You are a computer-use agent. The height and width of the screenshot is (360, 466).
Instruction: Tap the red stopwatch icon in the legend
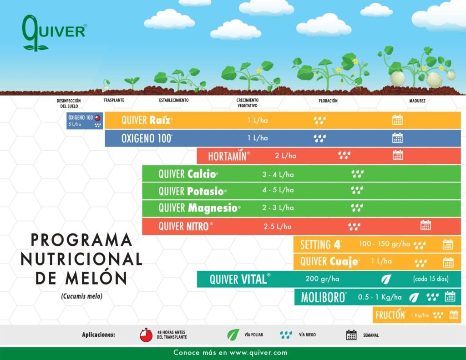[x=146, y=335]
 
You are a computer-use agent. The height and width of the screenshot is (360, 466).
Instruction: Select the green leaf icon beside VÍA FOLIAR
[x=233, y=335]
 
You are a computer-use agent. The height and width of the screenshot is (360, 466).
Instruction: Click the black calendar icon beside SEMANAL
[x=351, y=335]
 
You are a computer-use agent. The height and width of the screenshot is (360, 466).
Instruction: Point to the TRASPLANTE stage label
[x=114, y=100]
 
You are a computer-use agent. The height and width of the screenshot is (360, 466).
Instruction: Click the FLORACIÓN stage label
[x=328, y=101]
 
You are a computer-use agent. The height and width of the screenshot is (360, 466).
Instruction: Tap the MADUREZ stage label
[x=417, y=101]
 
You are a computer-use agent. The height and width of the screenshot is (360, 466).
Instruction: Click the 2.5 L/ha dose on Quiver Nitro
[x=278, y=227]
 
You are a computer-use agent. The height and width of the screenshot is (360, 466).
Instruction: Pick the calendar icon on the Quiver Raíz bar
[x=397, y=120]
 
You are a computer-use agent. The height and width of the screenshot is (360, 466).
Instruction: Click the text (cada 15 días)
[x=431, y=279]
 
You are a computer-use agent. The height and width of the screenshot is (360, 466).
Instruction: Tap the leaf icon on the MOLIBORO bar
[x=414, y=297]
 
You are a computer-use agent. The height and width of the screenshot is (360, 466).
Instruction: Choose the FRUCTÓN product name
[x=390, y=315]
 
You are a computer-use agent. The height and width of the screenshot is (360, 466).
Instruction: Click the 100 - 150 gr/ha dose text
[x=385, y=244]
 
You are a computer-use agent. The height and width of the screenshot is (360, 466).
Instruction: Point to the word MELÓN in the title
[x=96, y=278]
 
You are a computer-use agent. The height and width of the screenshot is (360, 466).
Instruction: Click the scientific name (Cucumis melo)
[x=82, y=296]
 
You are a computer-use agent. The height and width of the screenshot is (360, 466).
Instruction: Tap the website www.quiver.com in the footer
[x=258, y=353]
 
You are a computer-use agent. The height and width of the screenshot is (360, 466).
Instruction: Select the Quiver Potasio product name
[x=192, y=191]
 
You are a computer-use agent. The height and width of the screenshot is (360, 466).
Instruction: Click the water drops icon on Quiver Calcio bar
[x=357, y=173]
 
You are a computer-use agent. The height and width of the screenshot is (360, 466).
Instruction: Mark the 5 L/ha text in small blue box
[x=75, y=124]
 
